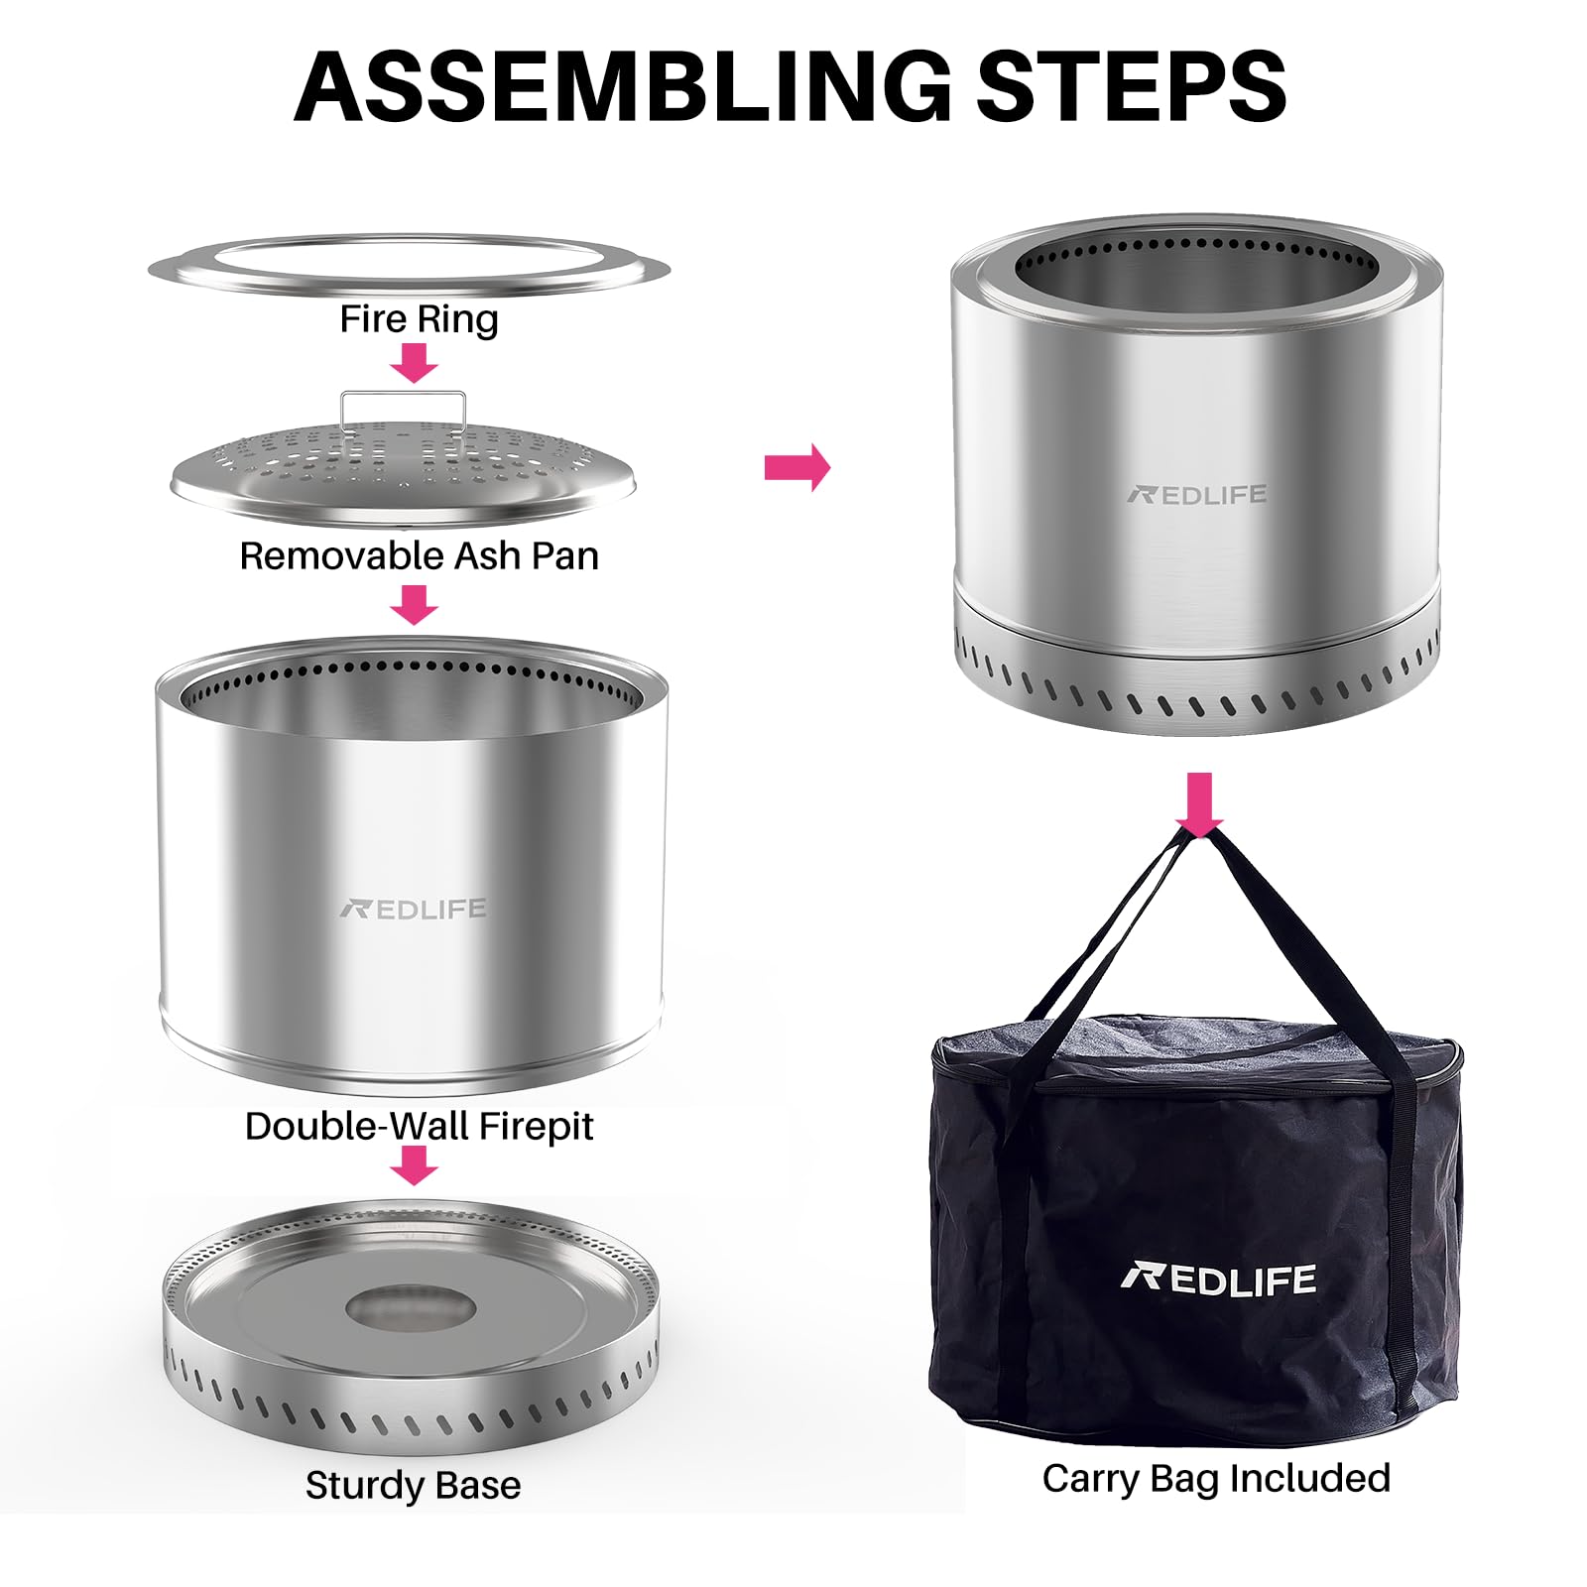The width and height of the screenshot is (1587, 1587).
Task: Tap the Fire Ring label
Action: click(419, 320)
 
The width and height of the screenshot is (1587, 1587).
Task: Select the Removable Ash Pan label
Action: click(419, 555)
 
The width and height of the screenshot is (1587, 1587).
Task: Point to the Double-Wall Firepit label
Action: click(419, 1126)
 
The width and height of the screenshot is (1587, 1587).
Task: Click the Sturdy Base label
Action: click(413, 1486)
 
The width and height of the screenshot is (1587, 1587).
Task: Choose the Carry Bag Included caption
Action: click(1216, 1479)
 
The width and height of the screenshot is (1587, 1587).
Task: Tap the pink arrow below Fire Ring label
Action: click(415, 363)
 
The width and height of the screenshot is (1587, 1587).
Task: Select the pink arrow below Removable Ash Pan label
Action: click(415, 604)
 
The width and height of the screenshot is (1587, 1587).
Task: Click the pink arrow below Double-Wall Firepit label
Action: click(415, 1165)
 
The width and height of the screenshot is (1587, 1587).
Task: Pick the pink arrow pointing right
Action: click(797, 467)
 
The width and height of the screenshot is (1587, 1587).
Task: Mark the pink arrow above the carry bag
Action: click(1200, 805)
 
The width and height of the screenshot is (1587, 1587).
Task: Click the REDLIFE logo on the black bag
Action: click(1219, 1280)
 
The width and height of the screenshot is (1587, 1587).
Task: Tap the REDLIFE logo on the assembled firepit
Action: click(1197, 494)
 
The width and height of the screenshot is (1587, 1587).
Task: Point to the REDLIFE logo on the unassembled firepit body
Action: click(413, 909)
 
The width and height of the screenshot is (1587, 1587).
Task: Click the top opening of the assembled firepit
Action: click(1196, 268)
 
